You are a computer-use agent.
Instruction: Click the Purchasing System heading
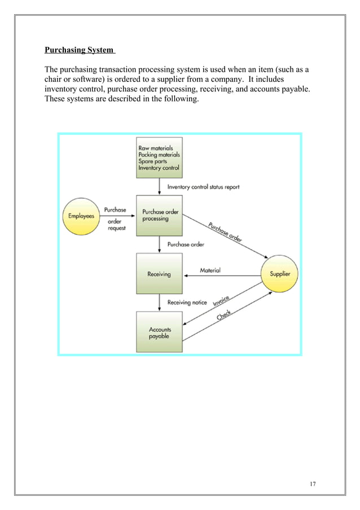[80, 50]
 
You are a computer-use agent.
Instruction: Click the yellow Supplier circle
[279, 274]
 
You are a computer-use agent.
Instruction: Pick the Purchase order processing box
[159, 215]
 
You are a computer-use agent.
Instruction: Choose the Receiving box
[159, 274]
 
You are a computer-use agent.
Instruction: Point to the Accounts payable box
[159, 333]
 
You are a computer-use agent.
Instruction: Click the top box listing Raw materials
[159, 158]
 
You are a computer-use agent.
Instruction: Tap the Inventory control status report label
[204, 187]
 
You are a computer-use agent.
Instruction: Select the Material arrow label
[210, 271]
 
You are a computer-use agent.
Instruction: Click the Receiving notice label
[187, 302]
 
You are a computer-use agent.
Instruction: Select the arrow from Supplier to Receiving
[222, 276]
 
